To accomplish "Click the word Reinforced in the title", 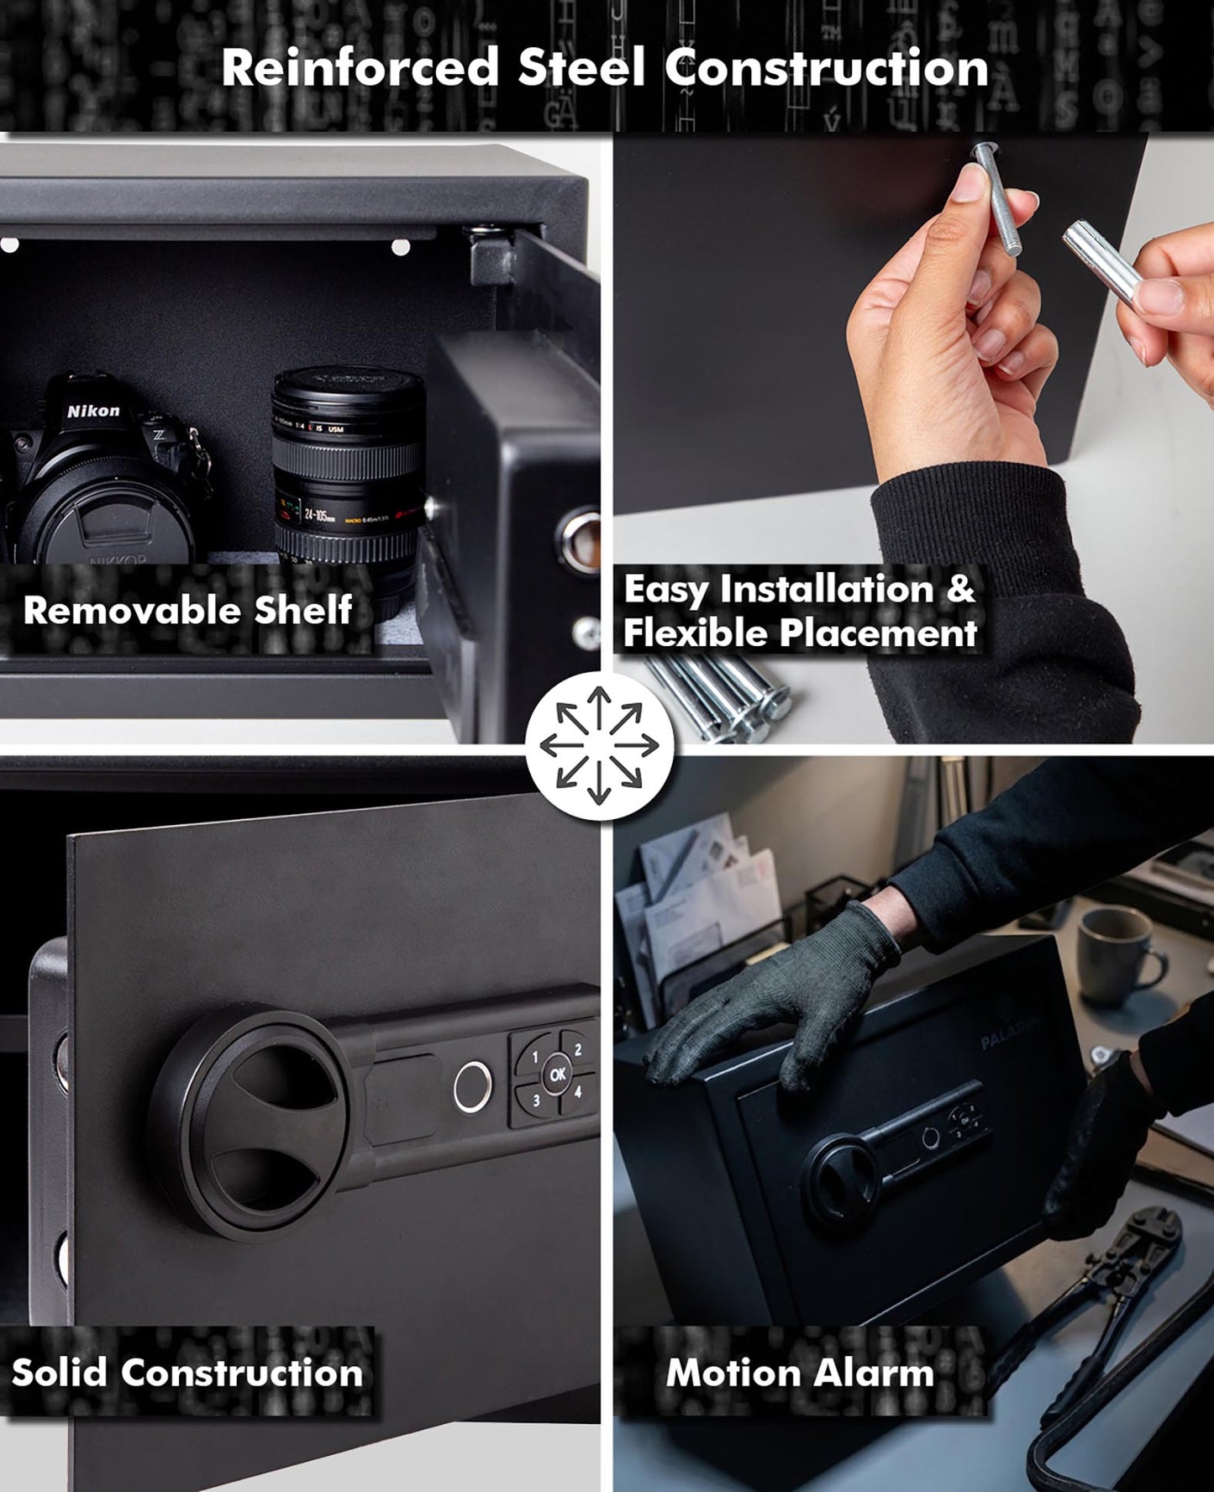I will point(360,69).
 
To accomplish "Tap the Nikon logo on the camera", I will point(93,411).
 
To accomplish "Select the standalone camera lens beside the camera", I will point(347,470).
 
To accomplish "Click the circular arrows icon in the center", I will point(599,744).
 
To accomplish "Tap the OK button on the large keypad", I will point(557,1074).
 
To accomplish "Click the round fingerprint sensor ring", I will point(472,1087).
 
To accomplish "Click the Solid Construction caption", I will point(187,1373).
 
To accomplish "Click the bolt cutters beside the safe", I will point(1117,1311).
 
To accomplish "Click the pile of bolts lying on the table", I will point(723,693).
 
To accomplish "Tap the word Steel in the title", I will point(581,69).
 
